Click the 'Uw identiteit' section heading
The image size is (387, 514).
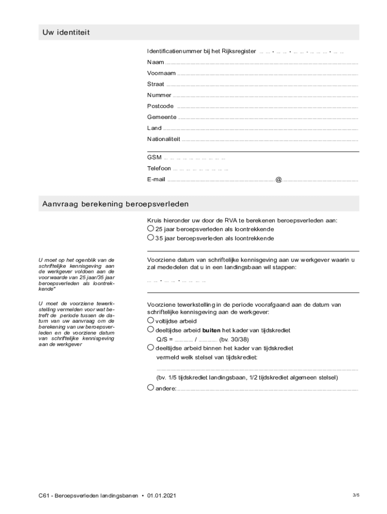[x=66, y=33]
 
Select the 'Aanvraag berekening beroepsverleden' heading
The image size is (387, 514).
[x=115, y=204]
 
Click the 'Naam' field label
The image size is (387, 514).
[x=155, y=62]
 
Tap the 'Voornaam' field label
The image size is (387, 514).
[x=161, y=73]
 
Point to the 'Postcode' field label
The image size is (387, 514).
[x=160, y=106]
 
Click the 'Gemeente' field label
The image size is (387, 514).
[x=162, y=117]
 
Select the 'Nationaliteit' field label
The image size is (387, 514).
[x=163, y=139]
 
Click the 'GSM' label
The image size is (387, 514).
[x=154, y=158]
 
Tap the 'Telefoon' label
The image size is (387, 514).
[x=159, y=169]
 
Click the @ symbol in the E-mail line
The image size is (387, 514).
[x=278, y=180]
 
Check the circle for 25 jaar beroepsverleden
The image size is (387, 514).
[x=150, y=228]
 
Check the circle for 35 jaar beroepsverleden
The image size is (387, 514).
[x=150, y=238]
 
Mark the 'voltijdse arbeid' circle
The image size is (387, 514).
[x=150, y=320]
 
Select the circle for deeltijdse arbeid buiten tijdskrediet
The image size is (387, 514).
[x=150, y=330]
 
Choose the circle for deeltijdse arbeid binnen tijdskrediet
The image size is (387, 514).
[x=150, y=347]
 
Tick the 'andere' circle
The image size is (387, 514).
[x=150, y=388]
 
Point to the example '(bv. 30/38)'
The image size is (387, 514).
[x=234, y=339]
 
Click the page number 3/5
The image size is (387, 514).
[x=356, y=495]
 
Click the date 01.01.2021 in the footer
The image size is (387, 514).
[x=162, y=496]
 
